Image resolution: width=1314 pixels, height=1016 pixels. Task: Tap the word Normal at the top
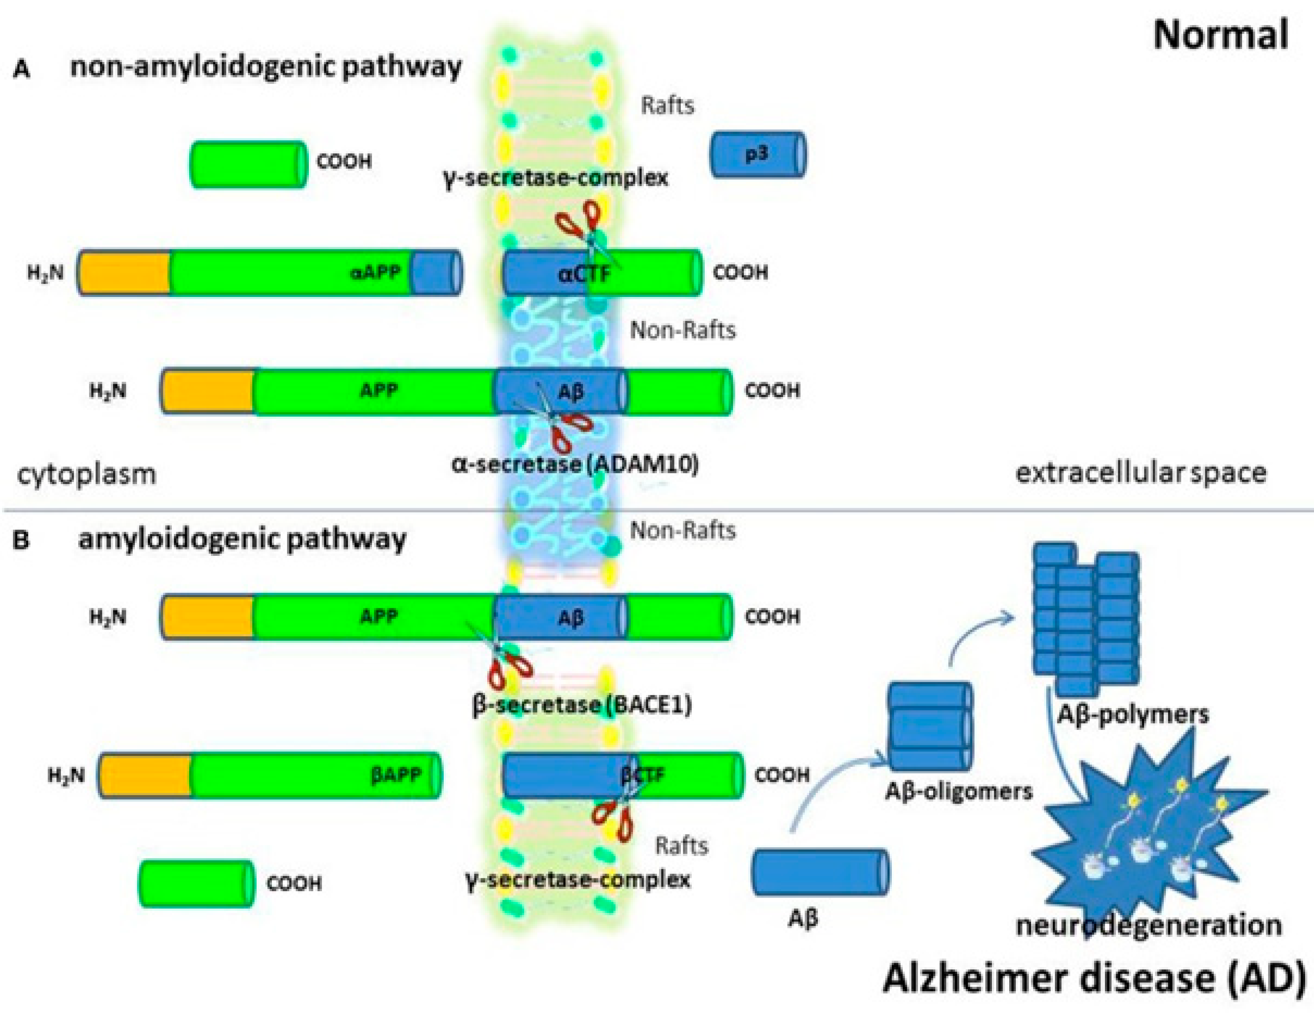click(x=1220, y=35)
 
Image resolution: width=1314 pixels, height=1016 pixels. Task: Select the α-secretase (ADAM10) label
click(x=574, y=464)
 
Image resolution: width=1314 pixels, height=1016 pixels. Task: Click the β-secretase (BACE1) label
click(x=582, y=704)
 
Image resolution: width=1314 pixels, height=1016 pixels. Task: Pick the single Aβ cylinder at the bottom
click(x=820, y=872)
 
